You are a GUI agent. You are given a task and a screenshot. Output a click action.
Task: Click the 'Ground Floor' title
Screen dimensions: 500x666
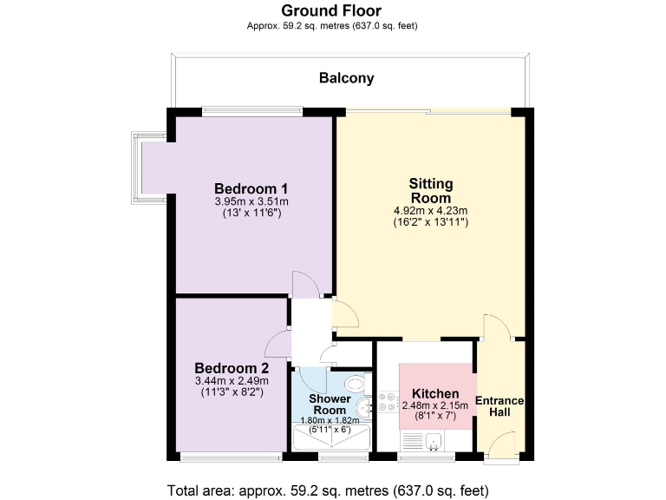tap(330, 10)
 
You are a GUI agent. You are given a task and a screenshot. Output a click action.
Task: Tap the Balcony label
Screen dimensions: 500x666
tap(346, 78)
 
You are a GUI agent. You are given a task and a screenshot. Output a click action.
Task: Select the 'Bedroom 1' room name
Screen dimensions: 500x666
tap(251, 188)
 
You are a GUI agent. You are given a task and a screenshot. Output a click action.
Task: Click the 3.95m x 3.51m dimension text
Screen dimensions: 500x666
tap(251, 201)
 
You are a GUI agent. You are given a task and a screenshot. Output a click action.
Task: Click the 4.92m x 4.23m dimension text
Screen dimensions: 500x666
tap(430, 210)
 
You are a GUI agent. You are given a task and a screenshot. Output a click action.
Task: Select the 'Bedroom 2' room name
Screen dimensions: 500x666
tap(225, 367)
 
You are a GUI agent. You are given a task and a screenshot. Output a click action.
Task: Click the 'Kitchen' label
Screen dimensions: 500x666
tap(435, 394)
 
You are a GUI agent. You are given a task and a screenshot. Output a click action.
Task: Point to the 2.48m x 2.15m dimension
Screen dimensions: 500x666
tap(435, 406)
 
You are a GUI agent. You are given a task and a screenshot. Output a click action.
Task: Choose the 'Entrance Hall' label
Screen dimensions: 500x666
tap(499, 405)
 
